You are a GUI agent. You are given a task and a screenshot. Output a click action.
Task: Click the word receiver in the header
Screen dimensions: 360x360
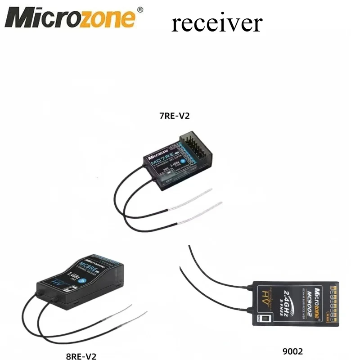[216, 22]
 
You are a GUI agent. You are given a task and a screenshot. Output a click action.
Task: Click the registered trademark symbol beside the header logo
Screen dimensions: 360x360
[140, 9]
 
